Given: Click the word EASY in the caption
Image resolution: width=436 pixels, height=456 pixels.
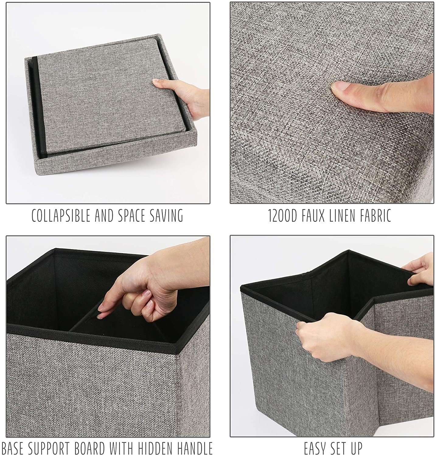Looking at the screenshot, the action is [316, 448].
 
